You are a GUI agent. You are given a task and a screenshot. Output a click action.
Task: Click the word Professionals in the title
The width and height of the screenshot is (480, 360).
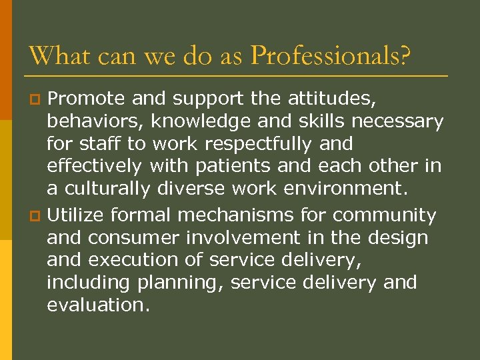click(x=330, y=55)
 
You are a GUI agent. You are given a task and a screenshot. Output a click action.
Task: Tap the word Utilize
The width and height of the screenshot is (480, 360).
click(x=75, y=215)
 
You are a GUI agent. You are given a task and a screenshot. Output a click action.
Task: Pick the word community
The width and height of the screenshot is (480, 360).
click(x=385, y=215)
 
